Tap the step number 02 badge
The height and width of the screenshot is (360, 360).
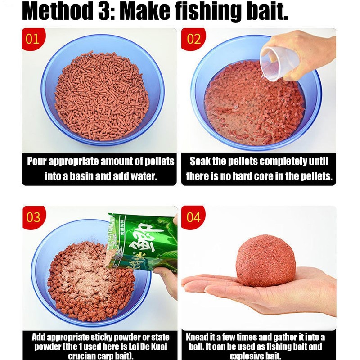pyautogui.click(x=193, y=39)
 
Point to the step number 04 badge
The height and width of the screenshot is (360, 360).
pyautogui.click(x=193, y=217)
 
